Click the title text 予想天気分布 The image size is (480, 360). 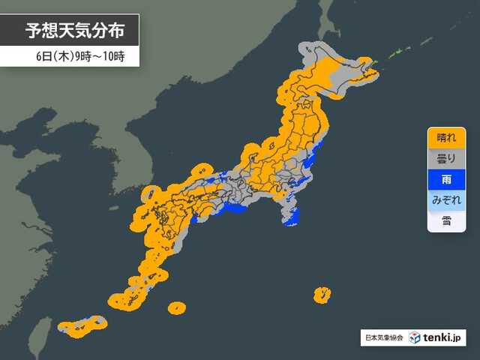[x=72, y=31]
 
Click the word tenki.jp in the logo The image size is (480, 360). [x=448, y=338]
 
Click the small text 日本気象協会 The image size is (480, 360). [x=383, y=338]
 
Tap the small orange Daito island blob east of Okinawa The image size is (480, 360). [x=177, y=307]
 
